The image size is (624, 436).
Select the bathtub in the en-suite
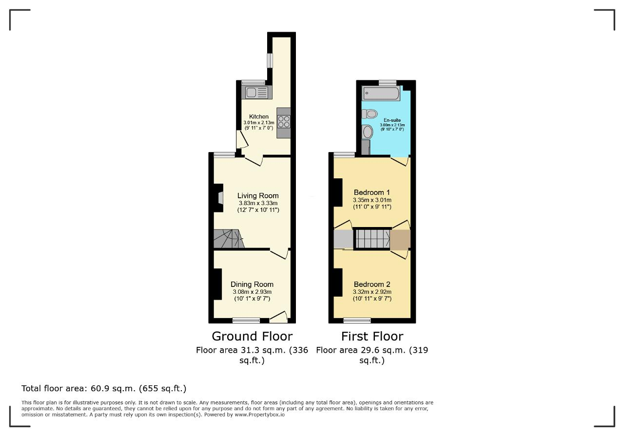381,93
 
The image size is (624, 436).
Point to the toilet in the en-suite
370,114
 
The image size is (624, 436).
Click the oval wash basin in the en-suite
368,132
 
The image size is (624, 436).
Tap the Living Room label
258,196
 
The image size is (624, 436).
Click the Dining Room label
252,284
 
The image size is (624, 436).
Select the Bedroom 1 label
371,192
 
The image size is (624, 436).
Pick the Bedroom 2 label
371,284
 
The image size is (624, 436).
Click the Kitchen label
259,116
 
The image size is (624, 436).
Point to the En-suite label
392,120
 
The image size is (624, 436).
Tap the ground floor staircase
229,239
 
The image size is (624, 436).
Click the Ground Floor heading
252,336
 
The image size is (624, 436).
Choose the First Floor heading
372,336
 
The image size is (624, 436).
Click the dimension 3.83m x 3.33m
258,203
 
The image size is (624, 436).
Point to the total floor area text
104,388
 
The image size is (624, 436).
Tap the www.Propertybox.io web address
259,415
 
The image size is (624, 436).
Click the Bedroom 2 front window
357,321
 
